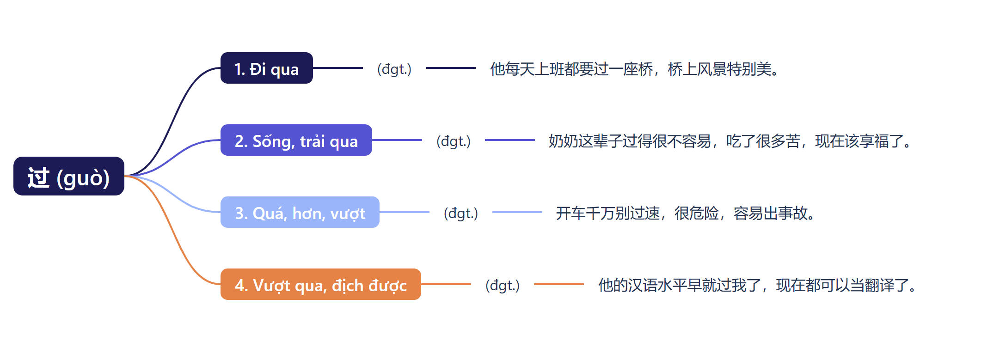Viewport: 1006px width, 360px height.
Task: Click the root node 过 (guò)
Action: point(68,176)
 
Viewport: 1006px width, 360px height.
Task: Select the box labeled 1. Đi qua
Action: point(266,68)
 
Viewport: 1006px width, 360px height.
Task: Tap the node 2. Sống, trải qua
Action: point(296,140)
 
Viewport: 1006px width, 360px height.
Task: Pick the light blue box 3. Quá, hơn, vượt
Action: point(300,212)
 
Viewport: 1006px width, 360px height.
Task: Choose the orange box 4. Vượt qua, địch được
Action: point(320,284)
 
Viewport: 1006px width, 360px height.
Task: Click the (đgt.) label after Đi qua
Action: point(394,69)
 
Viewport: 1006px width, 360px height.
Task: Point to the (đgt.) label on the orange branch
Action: point(502,285)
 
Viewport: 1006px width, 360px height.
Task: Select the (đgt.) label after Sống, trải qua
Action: point(453,141)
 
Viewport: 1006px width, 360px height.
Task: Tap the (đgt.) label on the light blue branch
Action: point(460,213)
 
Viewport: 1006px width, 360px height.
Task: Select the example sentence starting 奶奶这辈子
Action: point(730,141)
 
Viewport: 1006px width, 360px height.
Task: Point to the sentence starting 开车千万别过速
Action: point(686,213)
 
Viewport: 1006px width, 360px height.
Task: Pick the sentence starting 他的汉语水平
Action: point(758,285)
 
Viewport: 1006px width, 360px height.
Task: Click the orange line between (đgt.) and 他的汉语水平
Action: point(558,284)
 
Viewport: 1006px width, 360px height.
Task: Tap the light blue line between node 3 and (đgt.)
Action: point(404,212)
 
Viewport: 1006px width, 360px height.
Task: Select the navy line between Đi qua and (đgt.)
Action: point(337,68)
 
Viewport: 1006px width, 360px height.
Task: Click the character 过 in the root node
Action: point(38,177)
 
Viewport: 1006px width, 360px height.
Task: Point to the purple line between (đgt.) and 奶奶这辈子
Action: point(509,140)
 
